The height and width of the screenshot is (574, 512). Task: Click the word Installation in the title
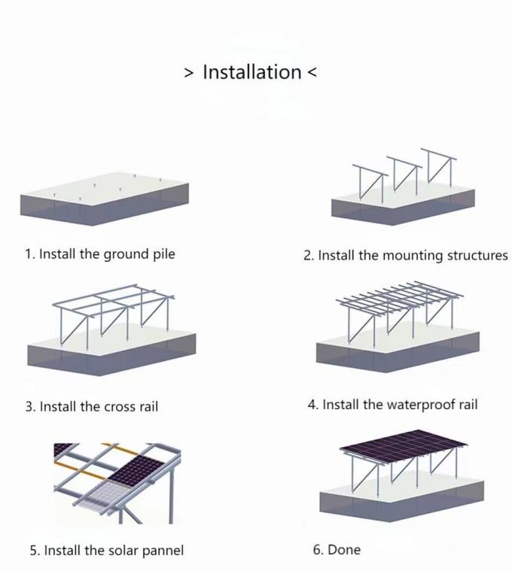[x=251, y=72]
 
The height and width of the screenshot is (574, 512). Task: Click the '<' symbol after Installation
[x=312, y=73]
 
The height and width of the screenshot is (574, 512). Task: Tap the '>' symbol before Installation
[x=189, y=73]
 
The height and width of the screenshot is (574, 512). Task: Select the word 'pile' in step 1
[x=163, y=254]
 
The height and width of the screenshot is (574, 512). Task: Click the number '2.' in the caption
[x=309, y=256]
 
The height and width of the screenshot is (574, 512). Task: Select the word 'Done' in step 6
[x=344, y=550]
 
